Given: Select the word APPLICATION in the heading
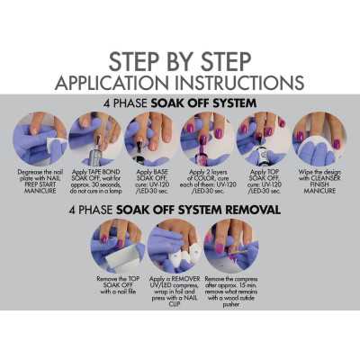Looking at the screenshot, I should click(114, 83).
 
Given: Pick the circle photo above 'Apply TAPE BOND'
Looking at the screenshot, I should click(95, 136).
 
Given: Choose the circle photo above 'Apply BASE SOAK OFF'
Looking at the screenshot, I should click(149, 136).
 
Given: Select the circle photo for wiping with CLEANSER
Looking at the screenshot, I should click(319, 136).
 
